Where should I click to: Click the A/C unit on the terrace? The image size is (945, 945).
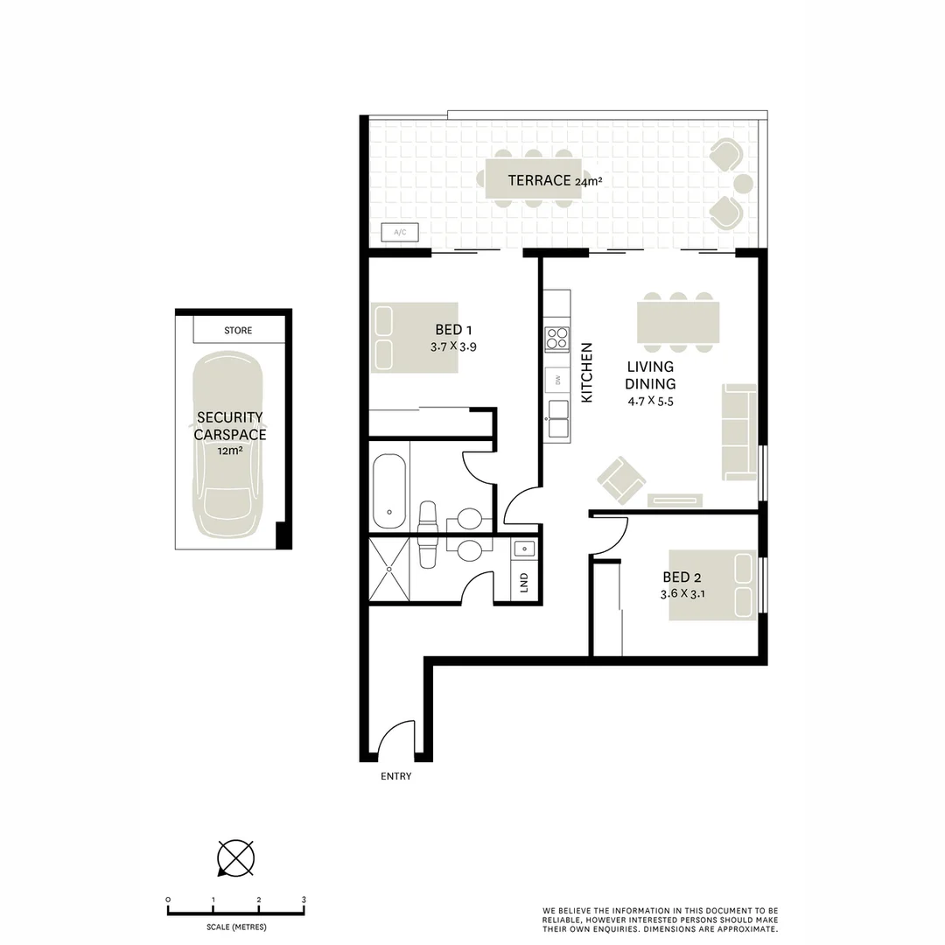401,232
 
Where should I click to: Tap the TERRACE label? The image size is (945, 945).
540,181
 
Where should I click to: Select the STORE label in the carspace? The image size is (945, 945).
238,331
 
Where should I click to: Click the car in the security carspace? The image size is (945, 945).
227,447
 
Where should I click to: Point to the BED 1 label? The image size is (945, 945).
453,330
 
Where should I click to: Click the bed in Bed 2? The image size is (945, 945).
712,585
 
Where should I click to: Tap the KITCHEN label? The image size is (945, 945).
587,373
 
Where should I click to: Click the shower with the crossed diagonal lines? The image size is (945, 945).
388,570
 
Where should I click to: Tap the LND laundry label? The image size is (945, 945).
524,581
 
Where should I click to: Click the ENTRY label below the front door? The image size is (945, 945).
395,776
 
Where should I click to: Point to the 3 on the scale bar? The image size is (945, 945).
304,899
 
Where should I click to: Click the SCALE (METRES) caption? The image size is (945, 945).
236,927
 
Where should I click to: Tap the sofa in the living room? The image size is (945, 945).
739,431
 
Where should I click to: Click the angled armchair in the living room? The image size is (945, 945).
621,480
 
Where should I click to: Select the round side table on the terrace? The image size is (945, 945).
743,184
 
